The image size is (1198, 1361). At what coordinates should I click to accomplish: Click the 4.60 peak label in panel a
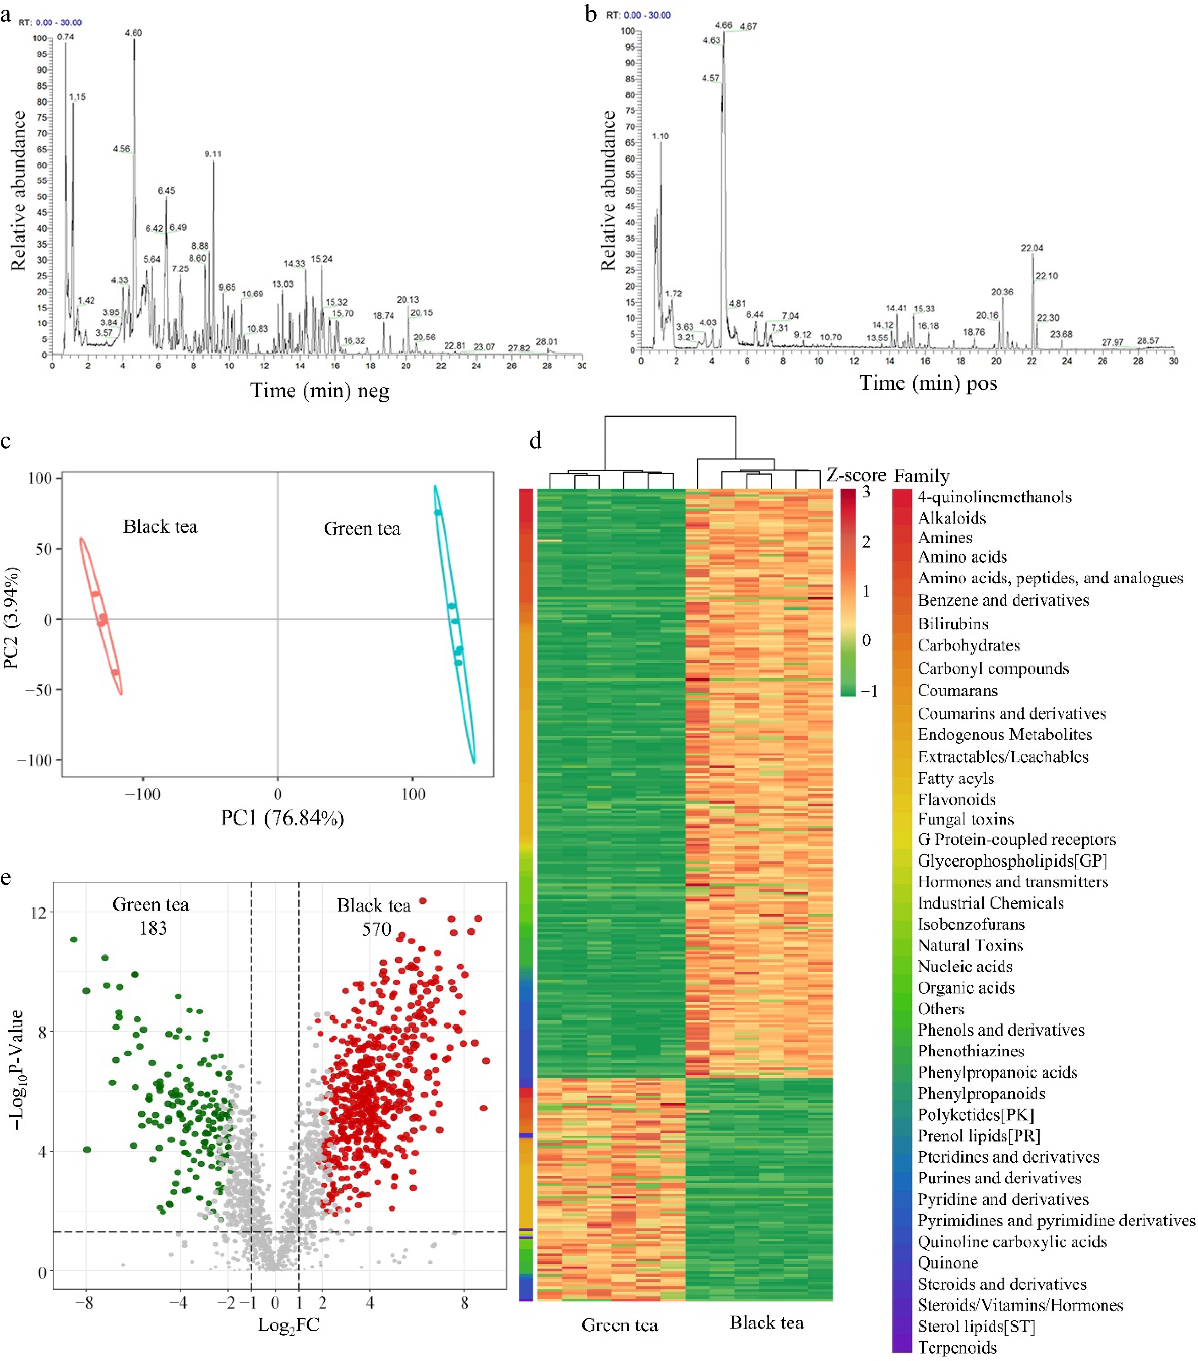[x=133, y=33]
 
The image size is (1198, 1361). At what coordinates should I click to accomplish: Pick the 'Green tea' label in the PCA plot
[x=362, y=529]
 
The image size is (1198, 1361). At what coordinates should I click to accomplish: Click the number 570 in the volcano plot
[x=376, y=929]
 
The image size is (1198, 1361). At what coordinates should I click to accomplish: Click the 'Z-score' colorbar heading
[x=856, y=475]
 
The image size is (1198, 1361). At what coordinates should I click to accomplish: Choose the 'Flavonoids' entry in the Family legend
[x=956, y=799]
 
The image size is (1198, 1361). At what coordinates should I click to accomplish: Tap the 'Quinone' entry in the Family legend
[x=948, y=1262]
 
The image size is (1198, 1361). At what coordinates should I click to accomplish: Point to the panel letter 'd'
[x=535, y=441]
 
